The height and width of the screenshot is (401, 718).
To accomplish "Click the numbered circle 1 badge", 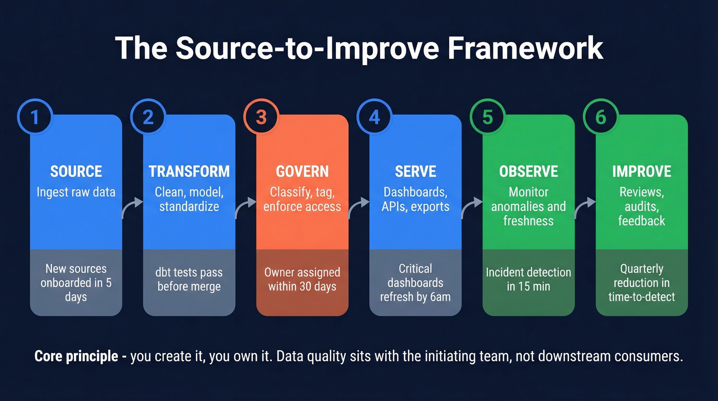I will tap(34, 117).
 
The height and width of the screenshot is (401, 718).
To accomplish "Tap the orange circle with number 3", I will tap(261, 117).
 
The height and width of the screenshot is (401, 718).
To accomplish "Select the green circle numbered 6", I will tap(601, 117).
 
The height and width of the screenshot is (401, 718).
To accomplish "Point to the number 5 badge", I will tap(487, 117).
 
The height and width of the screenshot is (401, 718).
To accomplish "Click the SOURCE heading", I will tap(76, 171).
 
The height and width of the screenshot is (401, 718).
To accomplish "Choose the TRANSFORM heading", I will tap(189, 171).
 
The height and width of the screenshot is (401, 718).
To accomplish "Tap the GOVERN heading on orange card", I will tap(302, 171).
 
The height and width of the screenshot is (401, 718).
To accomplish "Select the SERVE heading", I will tap(415, 171).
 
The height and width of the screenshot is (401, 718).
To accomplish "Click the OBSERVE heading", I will tap(528, 171).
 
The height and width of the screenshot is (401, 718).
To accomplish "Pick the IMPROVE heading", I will tap(642, 171).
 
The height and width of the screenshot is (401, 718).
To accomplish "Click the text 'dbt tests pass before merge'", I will tap(189, 279).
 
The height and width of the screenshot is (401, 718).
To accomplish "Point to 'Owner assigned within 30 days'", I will tap(302, 279).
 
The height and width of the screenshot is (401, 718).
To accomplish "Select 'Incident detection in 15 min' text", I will tap(528, 279).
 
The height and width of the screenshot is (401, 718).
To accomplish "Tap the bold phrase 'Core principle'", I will tap(76, 357).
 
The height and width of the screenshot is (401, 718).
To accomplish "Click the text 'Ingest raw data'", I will tap(76, 193).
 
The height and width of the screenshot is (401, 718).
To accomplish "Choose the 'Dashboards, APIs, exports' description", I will tap(415, 199).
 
